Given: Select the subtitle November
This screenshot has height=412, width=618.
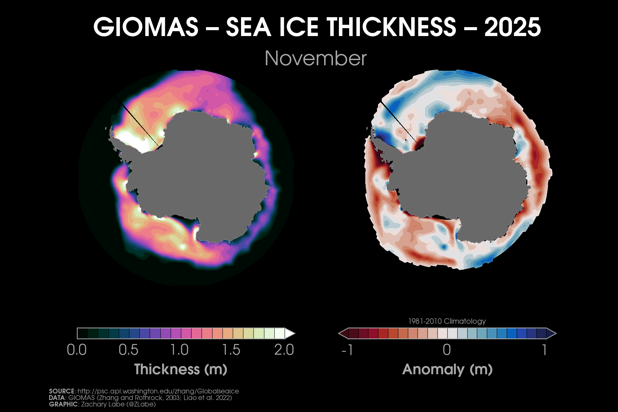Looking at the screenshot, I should [x=316, y=58].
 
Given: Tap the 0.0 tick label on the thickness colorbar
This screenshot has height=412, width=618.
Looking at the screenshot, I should [x=77, y=350].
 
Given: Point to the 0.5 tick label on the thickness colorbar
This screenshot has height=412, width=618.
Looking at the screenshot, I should [x=128, y=350].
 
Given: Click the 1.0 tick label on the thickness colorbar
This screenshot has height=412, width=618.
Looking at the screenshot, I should [x=180, y=350].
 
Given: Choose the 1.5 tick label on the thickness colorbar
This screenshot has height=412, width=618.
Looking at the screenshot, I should [x=231, y=350].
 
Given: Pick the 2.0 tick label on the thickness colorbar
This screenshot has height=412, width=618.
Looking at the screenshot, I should [x=284, y=350].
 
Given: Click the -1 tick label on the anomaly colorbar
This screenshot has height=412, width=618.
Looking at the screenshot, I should [x=347, y=350].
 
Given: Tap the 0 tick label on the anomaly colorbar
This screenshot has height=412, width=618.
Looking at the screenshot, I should [x=447, y=350].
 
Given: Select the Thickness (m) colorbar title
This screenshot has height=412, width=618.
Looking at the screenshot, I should [x=181, y=369].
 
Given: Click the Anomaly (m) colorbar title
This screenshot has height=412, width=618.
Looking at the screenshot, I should [x=447, y=369].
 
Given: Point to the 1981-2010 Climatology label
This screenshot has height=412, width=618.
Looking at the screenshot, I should [x=447, y=321].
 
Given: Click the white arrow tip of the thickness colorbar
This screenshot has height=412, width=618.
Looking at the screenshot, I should [x=290, y=333].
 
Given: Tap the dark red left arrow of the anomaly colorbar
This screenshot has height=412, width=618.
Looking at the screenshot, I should [x=343, y=333].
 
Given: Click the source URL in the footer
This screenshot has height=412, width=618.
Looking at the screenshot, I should [x=158, y=391].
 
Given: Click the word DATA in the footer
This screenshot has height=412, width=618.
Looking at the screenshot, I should [x=57, y=398].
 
